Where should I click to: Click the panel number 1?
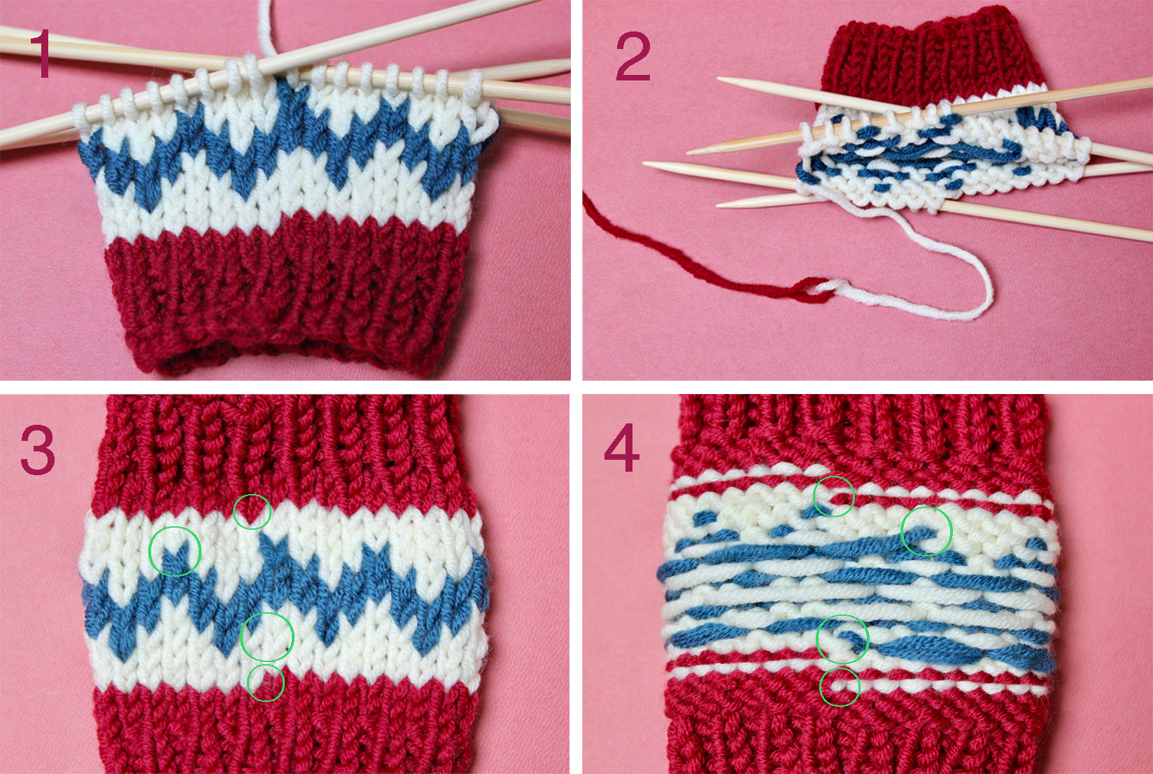pyautogui.click(x=41, y=54)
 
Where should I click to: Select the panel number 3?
pyautogui.click(x=37, y=451)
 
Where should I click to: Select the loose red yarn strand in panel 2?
pyautogui.click(x=684, y=258)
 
